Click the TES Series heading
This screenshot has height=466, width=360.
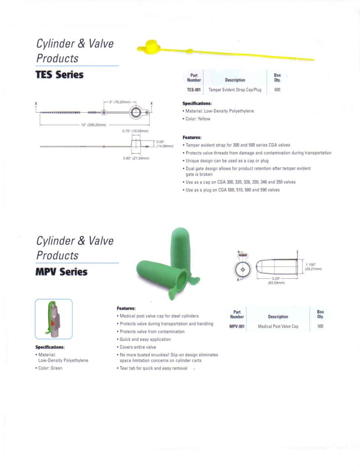pos(59,75)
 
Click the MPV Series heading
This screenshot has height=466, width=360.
pos(61,272)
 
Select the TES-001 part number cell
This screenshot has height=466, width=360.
pos(194,90)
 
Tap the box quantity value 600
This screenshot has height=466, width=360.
pos(277,90)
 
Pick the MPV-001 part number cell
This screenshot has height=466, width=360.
pos(237,327)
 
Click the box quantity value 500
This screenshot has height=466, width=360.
pos(320,327)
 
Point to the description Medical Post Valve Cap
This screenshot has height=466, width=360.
pos(278,327)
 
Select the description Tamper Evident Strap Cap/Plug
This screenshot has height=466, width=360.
pos(235,90)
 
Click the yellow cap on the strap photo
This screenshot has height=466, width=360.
pos(152,47)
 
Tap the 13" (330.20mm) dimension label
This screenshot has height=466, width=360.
pos(94,125)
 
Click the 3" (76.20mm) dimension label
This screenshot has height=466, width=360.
pos(120,102)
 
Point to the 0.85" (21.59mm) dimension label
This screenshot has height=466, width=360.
pos(136,158)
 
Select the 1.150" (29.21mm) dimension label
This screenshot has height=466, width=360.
pos(313,267)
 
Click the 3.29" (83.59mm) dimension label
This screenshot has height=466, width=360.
pos(276,281)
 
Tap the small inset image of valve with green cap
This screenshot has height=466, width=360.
pos(53,319)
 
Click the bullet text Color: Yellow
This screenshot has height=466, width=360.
pos(198,119)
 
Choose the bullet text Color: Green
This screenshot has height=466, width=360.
pos(50,368)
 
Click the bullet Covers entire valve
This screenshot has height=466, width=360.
pos(137,347)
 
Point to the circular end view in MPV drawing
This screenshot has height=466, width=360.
pos(243,269)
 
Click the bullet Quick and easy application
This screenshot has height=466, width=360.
pos(145,339)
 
